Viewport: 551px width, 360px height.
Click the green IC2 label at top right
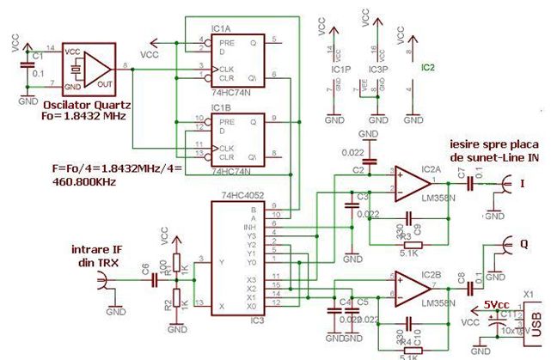(x=427, y=65)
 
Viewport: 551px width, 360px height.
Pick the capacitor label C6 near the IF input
(x=144, y=267)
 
